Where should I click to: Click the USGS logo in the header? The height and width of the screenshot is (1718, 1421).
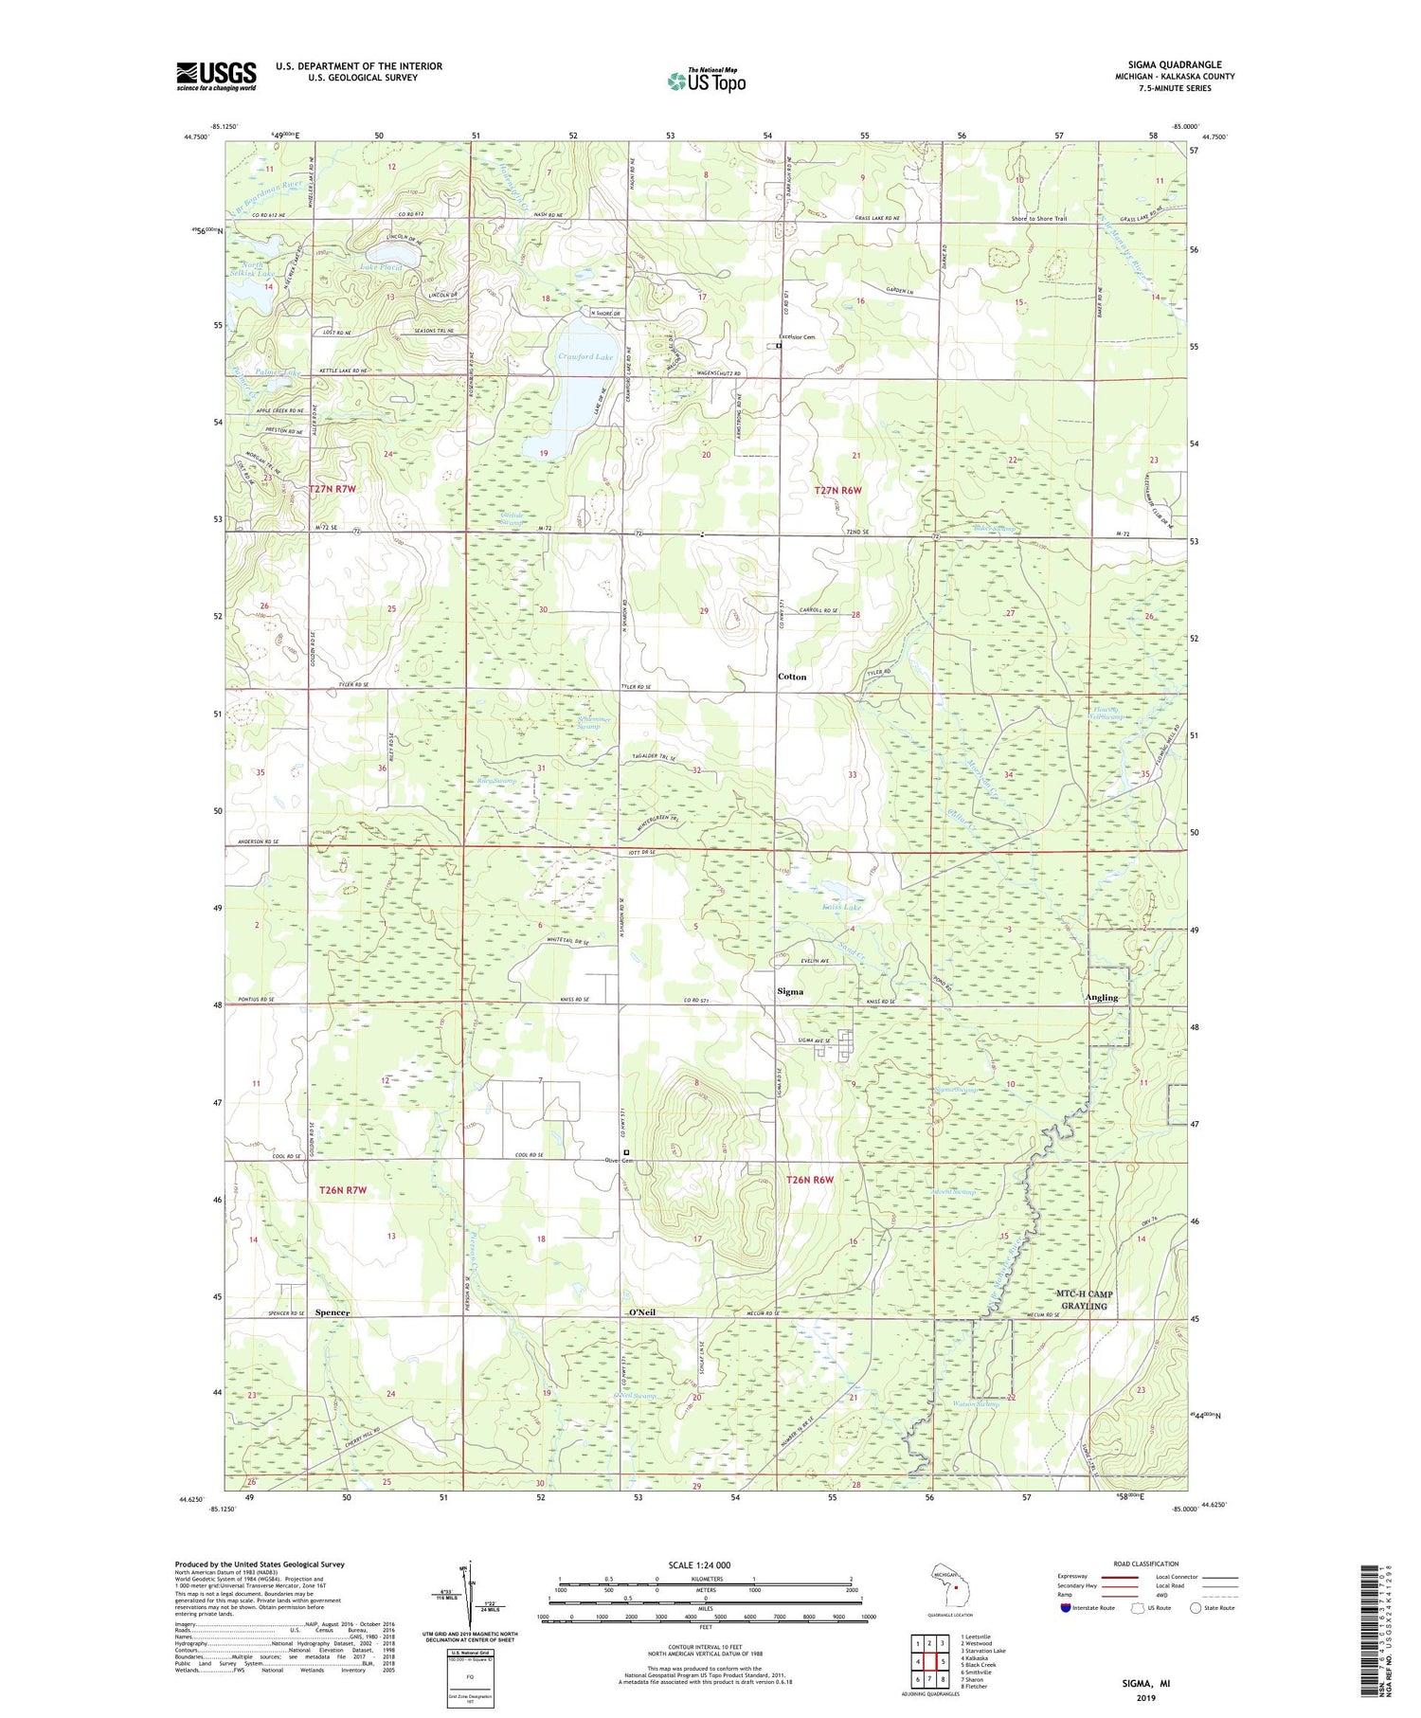[216, 76]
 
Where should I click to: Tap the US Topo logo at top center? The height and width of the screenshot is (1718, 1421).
[706, 81]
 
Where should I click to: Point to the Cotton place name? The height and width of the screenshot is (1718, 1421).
[792, 677]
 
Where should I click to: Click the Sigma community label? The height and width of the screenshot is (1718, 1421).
[790, 991]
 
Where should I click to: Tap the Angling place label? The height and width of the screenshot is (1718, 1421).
[1102, 997]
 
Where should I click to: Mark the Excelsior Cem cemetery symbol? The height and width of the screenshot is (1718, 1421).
[779, 346]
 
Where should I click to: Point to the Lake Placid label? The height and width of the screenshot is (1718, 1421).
[381, 267]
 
